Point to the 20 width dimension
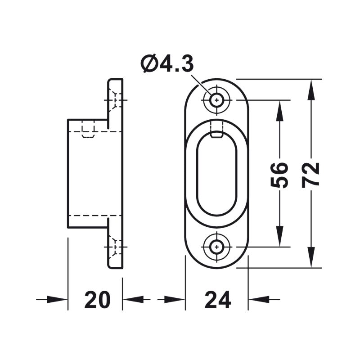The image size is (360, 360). coord(97,300)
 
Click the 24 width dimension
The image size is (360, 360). coord(217,300)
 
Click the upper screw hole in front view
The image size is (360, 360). coord(217,100)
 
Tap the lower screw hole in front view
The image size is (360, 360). coord(217,247)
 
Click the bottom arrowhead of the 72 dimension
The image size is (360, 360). coord(310,258)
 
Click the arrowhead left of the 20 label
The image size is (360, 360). coord(58,299)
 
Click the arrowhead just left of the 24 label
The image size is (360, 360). coord(175,299)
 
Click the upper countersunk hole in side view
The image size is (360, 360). coord(115,100)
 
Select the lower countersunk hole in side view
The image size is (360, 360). coord(115,247)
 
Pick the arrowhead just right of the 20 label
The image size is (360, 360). coord(132,299)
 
